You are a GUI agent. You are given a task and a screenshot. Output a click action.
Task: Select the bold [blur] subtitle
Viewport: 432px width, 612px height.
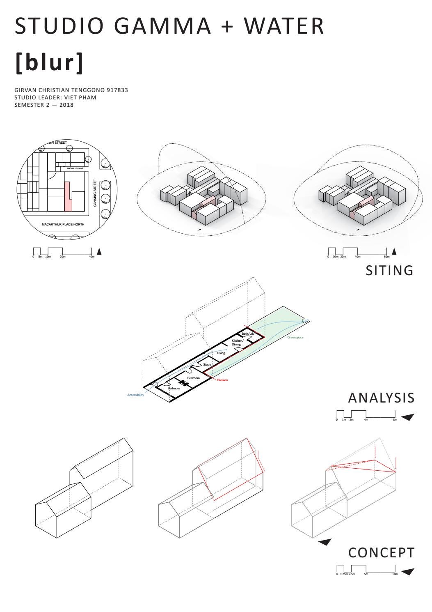[x=49, y=62]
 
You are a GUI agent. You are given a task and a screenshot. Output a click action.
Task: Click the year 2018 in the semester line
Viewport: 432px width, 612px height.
[x=66, y=105]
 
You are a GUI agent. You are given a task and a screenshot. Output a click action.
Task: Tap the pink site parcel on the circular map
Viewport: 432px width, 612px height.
[x=68, y=197]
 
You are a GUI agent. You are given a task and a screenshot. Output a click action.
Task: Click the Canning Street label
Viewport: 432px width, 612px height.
[x=95, y=193]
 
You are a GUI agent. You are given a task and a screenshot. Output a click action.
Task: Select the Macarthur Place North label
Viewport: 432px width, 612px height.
[x=63, y=224]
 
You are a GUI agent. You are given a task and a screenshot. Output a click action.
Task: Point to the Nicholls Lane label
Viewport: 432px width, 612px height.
[x=75, y=168]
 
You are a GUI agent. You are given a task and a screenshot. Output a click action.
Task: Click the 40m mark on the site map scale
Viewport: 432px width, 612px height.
[x=91, y=257]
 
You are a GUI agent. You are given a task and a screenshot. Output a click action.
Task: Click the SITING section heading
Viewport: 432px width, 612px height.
[x=389, y=271]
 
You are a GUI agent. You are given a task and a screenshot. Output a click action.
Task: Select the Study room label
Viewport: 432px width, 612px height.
[x=207, y=364]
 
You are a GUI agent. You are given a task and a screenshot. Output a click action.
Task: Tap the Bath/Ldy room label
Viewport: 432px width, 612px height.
[x=248, y=334]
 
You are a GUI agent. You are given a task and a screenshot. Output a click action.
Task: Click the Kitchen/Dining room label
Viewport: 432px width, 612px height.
[x=237, y=343]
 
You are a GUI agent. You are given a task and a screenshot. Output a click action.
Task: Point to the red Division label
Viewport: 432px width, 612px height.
[x=222, y=380]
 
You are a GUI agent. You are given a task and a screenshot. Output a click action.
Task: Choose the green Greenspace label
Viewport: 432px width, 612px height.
[x=295, y=337]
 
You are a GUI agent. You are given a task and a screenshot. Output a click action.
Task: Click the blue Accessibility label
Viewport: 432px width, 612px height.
[x=135, y=395]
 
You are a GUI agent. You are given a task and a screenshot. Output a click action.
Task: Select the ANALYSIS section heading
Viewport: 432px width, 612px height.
[x=381, y=398]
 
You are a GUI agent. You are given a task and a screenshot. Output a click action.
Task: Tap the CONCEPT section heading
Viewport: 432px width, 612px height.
[x=381, y=553]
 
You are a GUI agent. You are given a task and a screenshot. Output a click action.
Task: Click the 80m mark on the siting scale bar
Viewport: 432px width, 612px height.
[x=386, y=257]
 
